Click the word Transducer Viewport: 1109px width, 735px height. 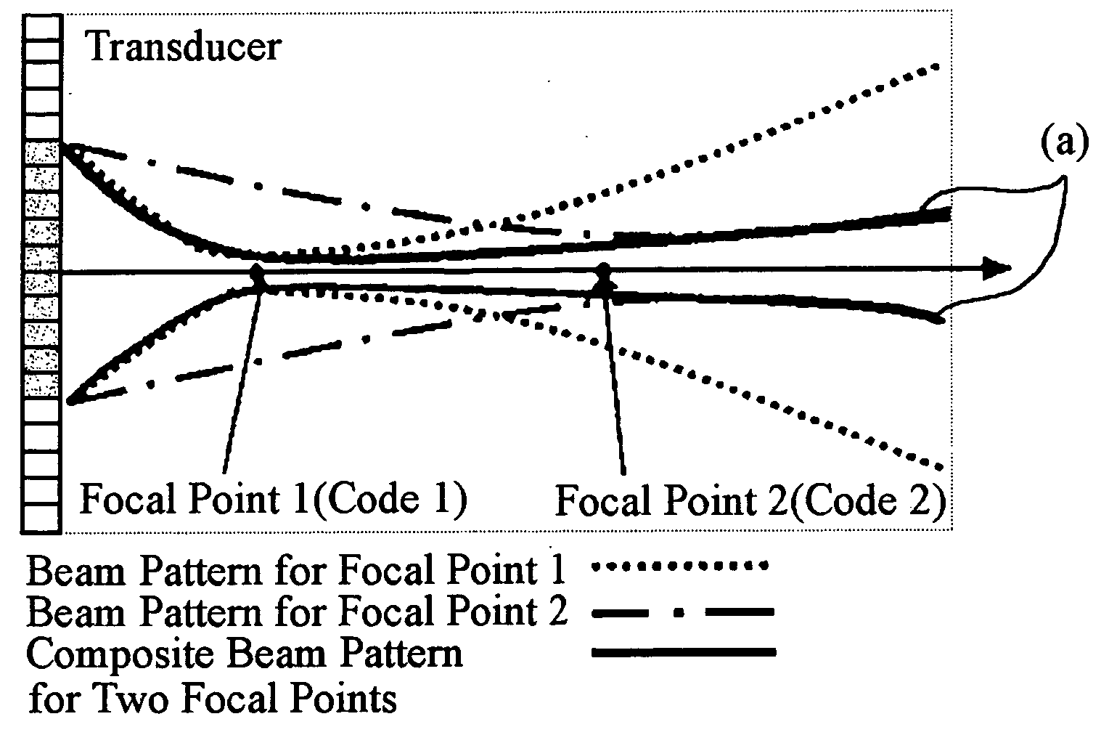pyautogui.click(x=183, y=47)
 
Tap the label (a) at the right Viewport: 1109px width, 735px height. pyautogui.click(x=1065, y=143)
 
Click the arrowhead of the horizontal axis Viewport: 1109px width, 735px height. pyautogui.click(x=1000, y=268)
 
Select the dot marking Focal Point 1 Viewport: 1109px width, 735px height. pyautogui.click(x=258, y=276)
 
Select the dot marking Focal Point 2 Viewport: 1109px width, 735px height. pyautogui.click(x=602, y=276)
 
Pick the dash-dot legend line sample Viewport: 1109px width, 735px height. pyautogui.click(x=683, y=612)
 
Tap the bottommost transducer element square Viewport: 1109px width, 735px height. pyautogui.click(x=41, y=517)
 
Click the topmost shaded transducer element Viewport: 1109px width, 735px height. pyautogui.click(x=42, y=154)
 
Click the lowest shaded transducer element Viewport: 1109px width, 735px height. pyautogui.click(x=42, y=385)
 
